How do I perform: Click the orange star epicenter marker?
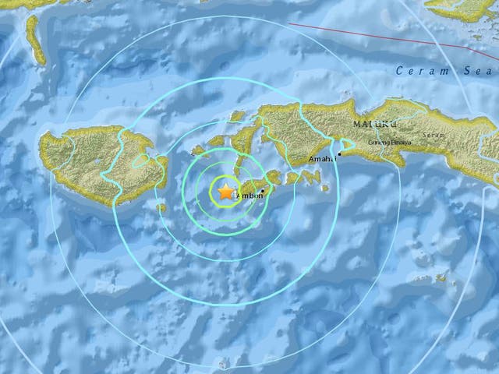pos(226,191)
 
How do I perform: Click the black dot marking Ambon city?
pos(265,192)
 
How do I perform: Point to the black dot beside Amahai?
pos(339,154)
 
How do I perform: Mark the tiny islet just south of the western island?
pos(161,208)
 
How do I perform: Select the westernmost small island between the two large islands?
pos(197,150)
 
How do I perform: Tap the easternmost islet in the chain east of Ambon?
pos(324,187)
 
